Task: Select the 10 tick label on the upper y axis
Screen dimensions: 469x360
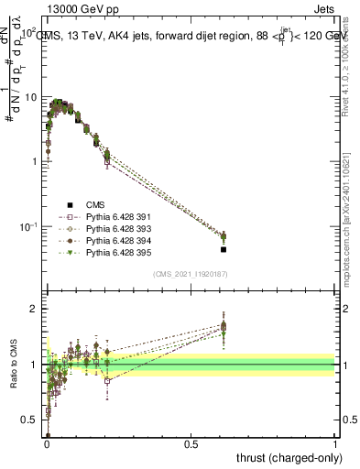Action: [x=31, y=96]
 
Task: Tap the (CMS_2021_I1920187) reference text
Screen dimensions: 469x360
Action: [x=191, y=274]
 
